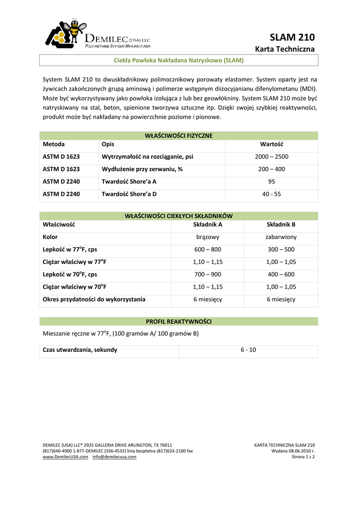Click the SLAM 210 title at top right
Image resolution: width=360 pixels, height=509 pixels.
[x=292, y=37]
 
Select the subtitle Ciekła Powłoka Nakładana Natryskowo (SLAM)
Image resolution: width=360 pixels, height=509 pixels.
[x=179, y=60]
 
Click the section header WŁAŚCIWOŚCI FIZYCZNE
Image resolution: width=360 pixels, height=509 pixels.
[x=179, y=135]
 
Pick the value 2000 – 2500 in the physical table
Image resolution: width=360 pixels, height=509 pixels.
[x=271, y=157]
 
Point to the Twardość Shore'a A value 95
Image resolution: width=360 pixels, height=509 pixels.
[x=271, y=181]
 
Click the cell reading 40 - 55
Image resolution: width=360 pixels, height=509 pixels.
[x=271, y=194]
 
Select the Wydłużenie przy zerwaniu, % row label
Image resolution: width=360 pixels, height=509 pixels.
[x=142, y=169]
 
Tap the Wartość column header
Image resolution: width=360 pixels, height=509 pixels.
[x=271, y=144]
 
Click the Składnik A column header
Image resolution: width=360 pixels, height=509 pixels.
[x=207, y=224]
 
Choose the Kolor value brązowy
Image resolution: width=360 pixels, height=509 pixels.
[x=207, y=237]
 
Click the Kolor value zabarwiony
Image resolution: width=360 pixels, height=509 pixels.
[x=281, y=237]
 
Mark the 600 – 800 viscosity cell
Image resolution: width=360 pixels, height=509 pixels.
[x=207, y=250]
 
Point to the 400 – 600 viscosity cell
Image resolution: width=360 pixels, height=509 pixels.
[x=281, y=274]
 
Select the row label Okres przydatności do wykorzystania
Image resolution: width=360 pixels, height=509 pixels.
[x=94, y=299]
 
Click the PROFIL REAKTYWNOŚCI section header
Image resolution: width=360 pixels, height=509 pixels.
[x=179, y=322]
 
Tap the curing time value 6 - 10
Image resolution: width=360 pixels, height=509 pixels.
[x=248, y=350]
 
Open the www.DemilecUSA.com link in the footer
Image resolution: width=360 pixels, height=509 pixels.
[x=66, y=456]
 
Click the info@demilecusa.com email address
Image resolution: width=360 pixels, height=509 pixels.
[x=114, y=456]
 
